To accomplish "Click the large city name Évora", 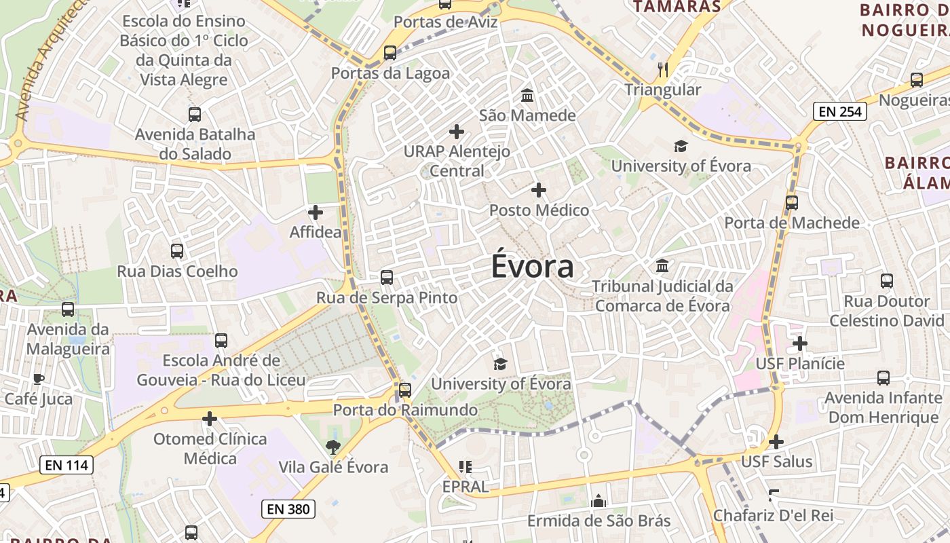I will coord(533,266).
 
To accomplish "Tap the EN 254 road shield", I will coord(840,111).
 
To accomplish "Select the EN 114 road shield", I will coord(66,465).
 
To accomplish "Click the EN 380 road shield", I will coord(288,508).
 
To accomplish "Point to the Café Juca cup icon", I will coord(38,379).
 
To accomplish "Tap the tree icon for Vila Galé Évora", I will coord(332,447).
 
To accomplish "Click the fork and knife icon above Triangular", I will coord(663,69).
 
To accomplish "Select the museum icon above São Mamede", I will coord(527,95).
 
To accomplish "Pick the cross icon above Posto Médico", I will coord(539,190).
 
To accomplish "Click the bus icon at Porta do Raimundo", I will coord(405,390).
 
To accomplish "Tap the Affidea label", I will coord(316,232).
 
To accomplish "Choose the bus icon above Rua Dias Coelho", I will coord(177,251).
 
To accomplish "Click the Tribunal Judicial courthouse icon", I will coord(662,265).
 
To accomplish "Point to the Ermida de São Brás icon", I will coord(598,501).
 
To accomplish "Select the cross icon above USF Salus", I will coord(776,442).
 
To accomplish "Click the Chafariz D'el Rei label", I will coord(773,515).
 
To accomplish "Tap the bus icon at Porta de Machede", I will coord(791,202).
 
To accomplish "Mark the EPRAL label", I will coord(465,487).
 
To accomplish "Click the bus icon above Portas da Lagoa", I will coord(389,52).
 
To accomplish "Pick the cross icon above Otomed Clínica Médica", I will coord(210,419).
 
